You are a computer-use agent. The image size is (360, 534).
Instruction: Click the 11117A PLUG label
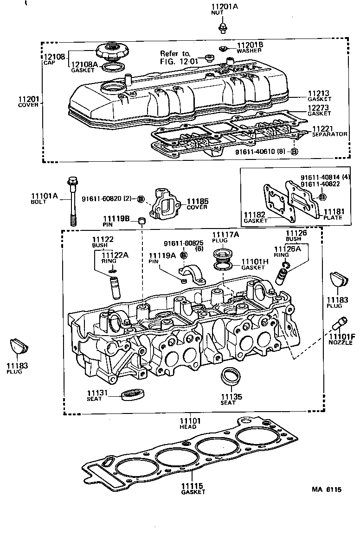coord(225,237)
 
